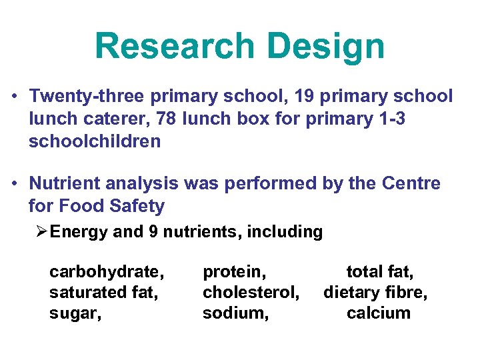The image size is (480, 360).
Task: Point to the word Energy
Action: pyautogui.click(x=77, y=232)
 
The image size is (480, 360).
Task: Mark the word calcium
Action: pyautogui.click(x=379, y=313)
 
